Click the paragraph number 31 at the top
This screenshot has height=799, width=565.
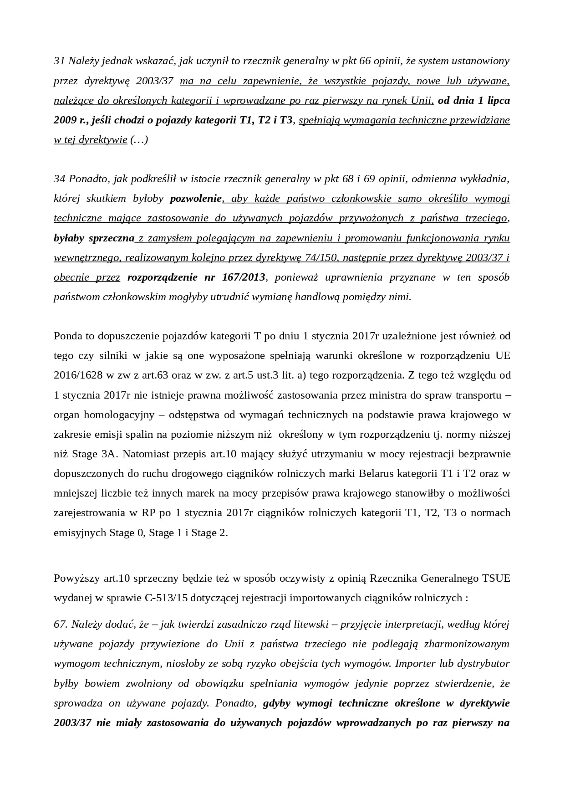tap(59, 61)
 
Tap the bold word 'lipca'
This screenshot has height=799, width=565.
tap(497, 100)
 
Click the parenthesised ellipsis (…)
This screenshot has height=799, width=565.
tap(139, 140)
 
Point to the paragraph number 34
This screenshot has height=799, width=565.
tap(60, 179)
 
